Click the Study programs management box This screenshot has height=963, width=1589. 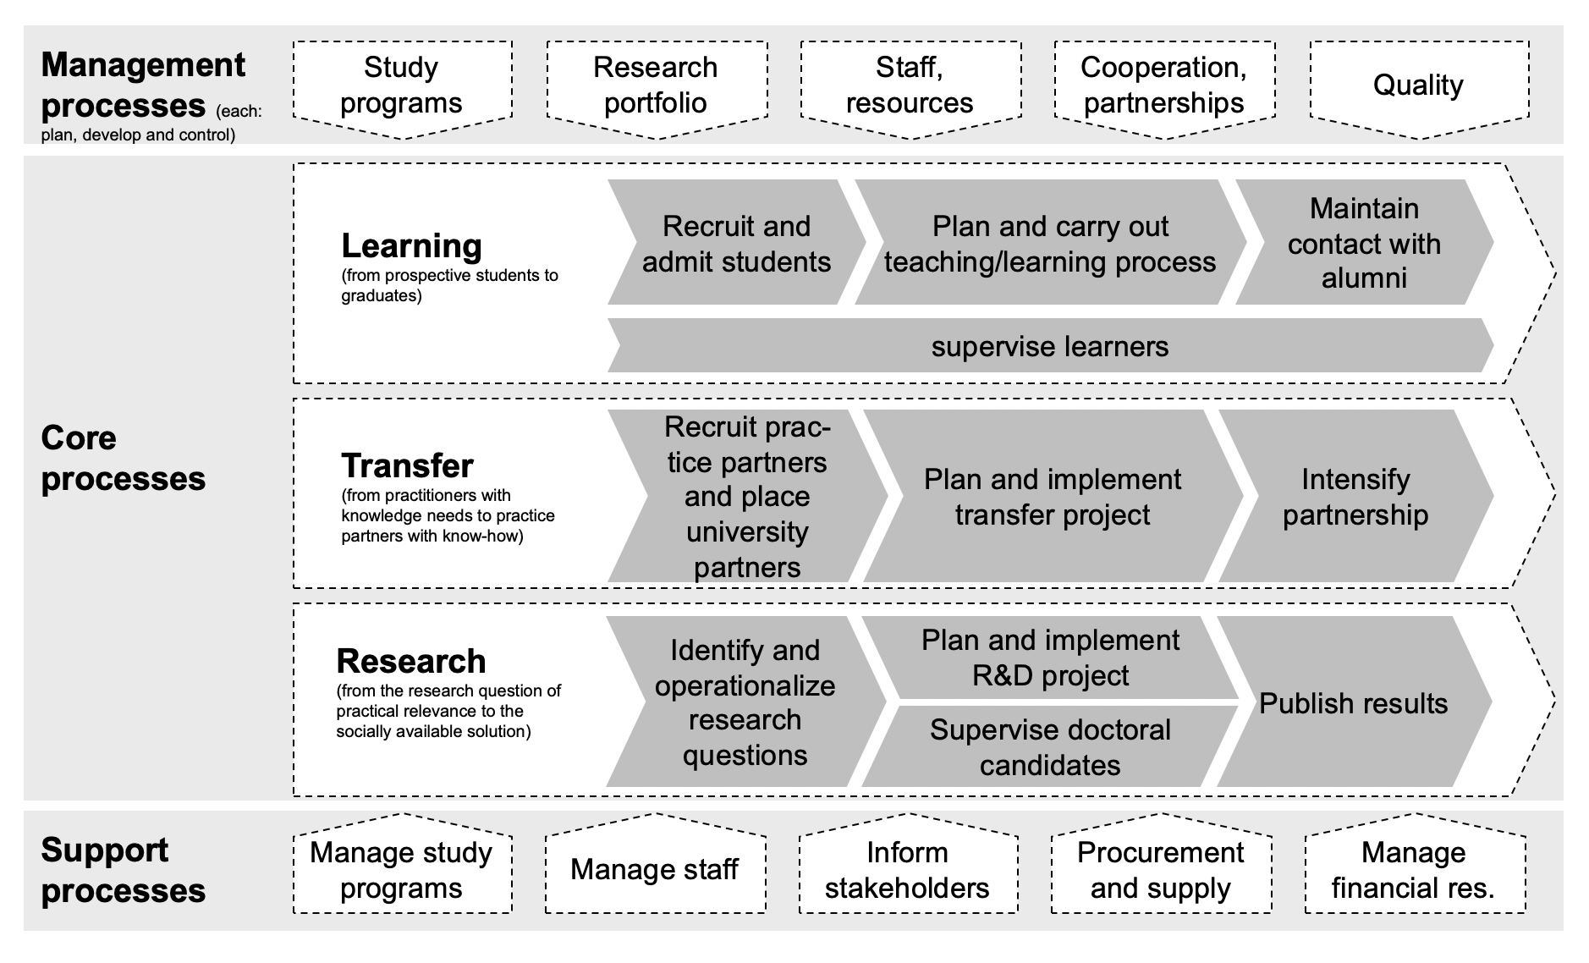click(402, 85)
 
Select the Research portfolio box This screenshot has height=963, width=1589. click(656, 85)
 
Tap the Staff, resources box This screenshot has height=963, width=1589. click(910, 85)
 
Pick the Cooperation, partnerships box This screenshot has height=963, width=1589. click(1163, 85)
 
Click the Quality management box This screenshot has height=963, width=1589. click(1418, 85)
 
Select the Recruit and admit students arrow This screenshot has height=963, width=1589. click(736, 244)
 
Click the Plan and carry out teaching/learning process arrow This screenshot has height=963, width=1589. click(1049, 244)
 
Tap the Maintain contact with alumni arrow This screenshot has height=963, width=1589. click(1363, 244)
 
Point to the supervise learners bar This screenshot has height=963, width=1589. click(1049, 346)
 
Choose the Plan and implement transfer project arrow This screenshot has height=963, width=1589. click(1052, 497)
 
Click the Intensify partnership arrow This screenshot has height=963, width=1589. click(1355, 497)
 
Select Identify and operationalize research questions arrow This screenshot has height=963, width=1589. click(745, 702)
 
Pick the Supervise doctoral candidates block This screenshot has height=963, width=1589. click(1049, 747)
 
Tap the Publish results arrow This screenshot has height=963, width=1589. click(1353, 703)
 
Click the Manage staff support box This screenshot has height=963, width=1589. click(654, 869)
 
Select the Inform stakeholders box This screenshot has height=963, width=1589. click(907, 870)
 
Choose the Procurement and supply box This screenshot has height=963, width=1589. click(1160, 870)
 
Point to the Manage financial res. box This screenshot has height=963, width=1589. click(1413, 870)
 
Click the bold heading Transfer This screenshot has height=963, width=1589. click(407, 465)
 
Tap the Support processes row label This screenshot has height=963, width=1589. click(124, 870)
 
